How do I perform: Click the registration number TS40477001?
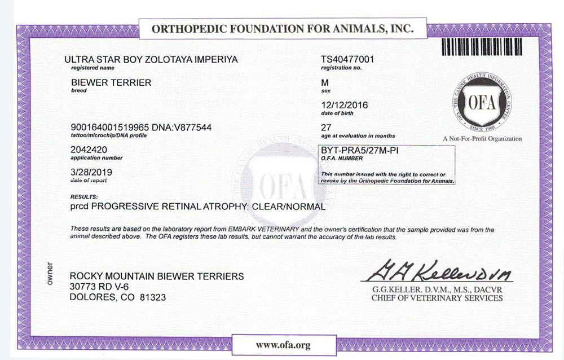[x=347, y=59]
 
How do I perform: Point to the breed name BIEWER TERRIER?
[x=109, y=82]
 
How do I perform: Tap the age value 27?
[x=325, y=128]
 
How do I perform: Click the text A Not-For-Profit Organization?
[x=482, y=139]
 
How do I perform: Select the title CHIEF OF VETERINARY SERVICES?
[x=437, y=298]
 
